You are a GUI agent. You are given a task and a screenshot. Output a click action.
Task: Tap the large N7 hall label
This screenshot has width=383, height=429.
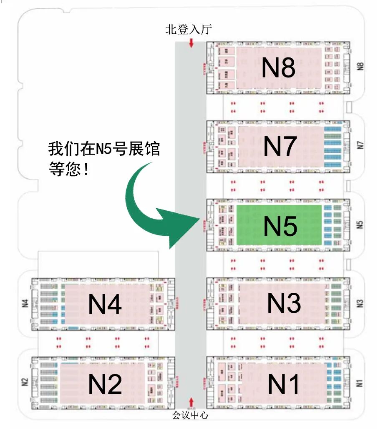(280, 146)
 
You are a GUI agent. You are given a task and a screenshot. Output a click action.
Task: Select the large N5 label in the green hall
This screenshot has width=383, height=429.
(280, 226)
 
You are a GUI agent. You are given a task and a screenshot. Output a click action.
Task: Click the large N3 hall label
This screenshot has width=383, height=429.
(284, 303)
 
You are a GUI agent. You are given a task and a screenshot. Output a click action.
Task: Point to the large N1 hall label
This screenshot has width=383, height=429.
(284, 384)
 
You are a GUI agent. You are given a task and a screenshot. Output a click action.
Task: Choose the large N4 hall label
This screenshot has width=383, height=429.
(105, 304)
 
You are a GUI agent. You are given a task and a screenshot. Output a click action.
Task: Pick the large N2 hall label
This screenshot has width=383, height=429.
(105, 384)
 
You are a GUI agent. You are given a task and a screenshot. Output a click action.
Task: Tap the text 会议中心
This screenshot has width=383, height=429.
(190, 415)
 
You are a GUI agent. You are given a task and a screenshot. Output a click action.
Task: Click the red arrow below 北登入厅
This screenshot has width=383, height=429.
(191, 42)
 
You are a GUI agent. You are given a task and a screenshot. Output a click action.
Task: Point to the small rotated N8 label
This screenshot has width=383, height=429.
(361, 67)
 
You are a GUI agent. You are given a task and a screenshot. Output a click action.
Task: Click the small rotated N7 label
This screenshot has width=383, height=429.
(361, 145)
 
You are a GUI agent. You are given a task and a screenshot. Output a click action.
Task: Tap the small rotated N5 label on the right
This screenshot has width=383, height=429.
(361, 224)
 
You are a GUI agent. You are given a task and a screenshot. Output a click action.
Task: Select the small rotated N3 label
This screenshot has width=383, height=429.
(361, 303)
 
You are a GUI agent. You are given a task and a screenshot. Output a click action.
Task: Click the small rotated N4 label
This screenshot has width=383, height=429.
(25, 303)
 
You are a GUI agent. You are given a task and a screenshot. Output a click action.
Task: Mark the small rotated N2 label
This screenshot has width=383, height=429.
(25, 381)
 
